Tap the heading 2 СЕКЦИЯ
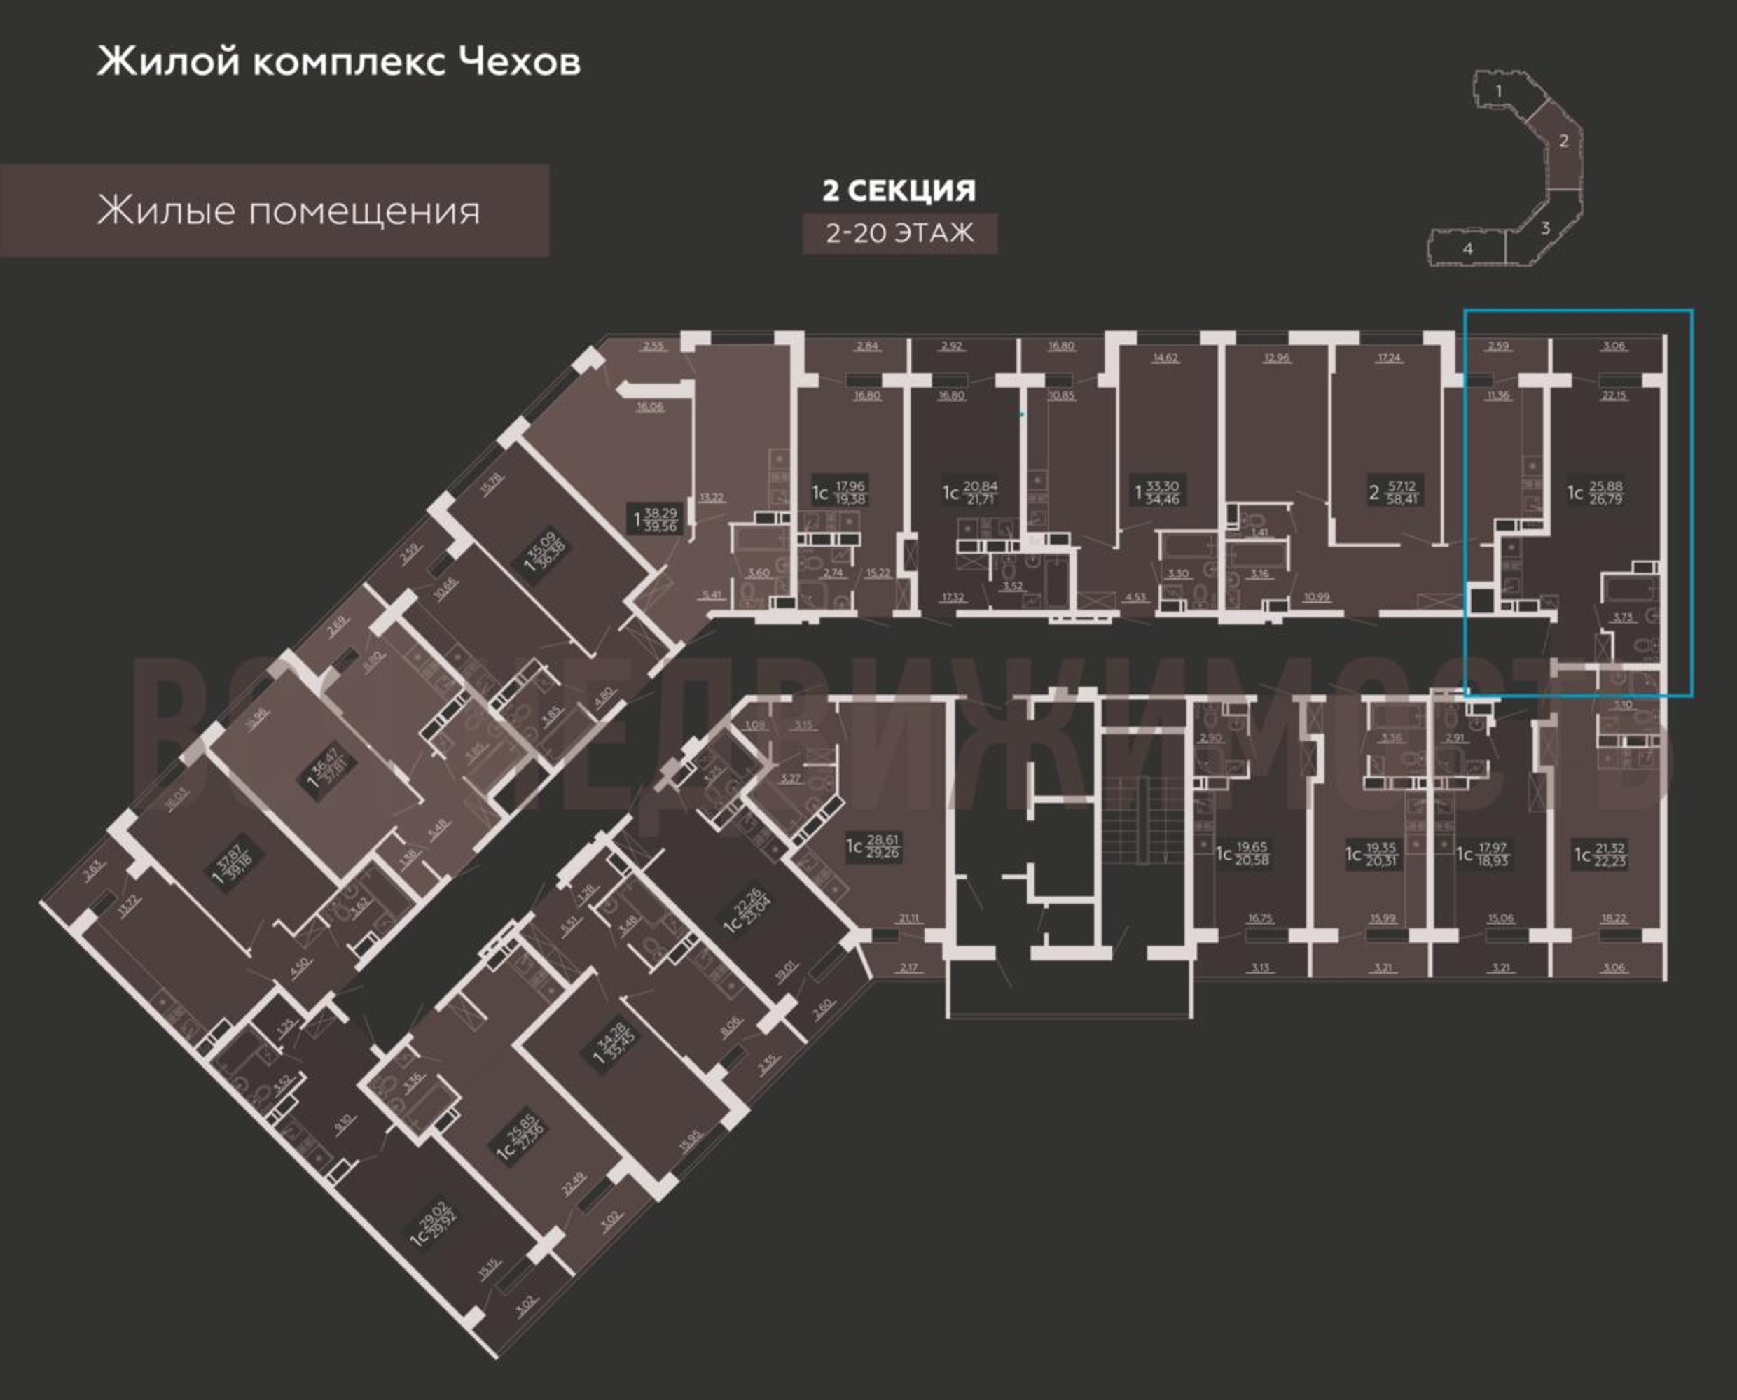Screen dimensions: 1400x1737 pos(899,190)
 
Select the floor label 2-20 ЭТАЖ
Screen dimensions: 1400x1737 pos(899,233)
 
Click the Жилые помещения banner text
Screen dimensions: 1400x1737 pos(288,211)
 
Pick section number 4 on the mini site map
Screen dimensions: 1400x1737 pos(1467,249)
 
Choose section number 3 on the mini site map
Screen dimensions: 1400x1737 pos(1545,228)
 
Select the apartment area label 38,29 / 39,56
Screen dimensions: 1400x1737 pos(660,519)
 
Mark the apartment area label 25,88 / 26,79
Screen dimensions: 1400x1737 pos(1605,493)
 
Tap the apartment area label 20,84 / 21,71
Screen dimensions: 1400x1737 pos(979,493)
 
